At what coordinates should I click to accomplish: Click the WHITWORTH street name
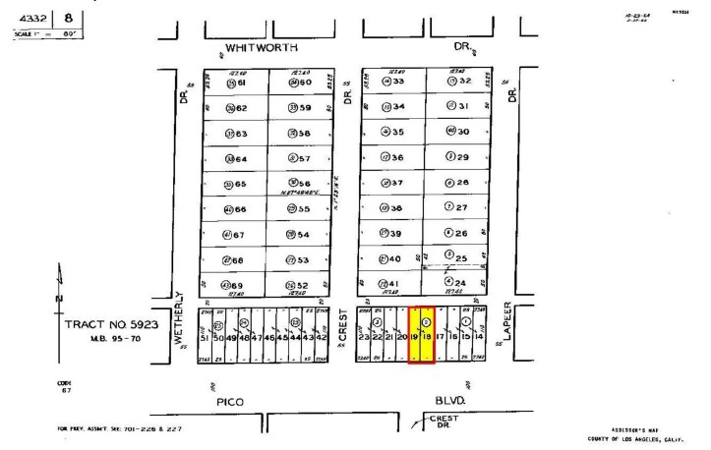click(x=262, y=47)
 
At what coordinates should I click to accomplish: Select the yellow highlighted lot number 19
click(x=415, y=337)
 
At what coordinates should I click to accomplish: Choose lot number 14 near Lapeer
click(x=479, y=337)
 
